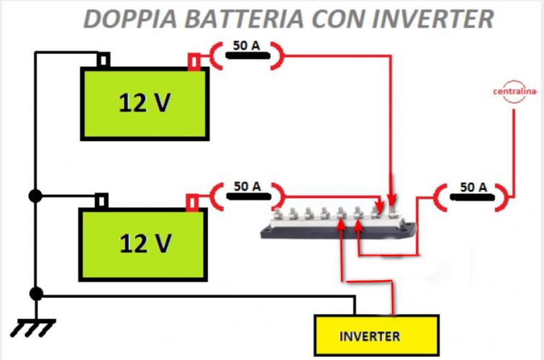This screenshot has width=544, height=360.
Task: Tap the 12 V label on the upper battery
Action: pyautogui.click(x=145, y=103)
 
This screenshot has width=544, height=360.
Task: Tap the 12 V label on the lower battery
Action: pyautogui.click(x=145, y=243)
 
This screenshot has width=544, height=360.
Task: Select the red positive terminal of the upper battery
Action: pyautogui.click(x=194, y=61)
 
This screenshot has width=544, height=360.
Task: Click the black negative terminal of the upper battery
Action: pyautogui.click(x=103, y=60)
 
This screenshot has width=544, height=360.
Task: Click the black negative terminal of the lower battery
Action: pyautogui.click(x=102, y=199)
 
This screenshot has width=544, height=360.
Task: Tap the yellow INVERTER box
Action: pyautogui.click(x=376, y=336)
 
